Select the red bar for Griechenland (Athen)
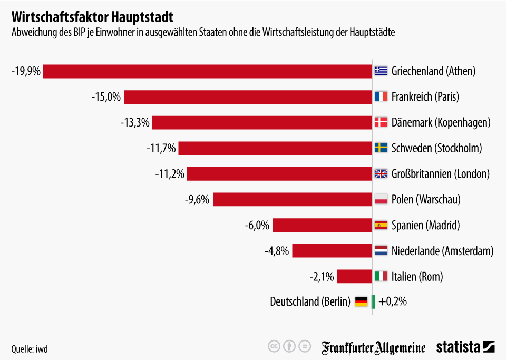207,71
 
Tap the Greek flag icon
381,71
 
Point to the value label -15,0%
106,97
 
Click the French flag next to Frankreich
381,97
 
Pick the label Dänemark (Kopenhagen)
441,123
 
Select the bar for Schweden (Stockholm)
275,148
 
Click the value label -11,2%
170,174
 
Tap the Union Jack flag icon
381,174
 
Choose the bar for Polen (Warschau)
292,199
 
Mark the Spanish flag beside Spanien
381,225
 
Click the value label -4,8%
277,251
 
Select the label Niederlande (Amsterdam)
442,251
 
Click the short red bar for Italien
354,276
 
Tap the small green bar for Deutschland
374,302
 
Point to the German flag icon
361,302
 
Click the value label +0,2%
393,302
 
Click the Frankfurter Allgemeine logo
374,347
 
